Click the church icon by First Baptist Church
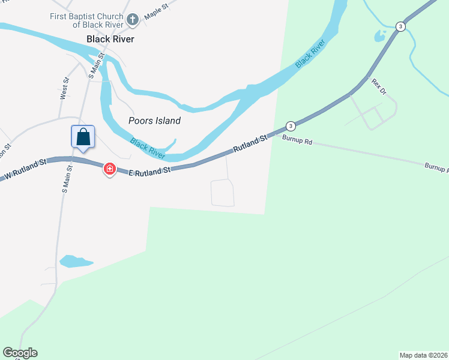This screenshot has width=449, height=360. click(x=133, y=20)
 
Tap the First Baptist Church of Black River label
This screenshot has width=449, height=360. click(x=88, y=20)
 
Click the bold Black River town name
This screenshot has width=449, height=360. click(x=110, y=39)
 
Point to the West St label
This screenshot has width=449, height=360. click(x=64, y=88)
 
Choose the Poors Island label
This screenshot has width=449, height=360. click(x=154, y=121)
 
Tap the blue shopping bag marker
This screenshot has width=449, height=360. click(x=83, y=137)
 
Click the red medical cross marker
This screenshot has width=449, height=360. click(x=109, y=169)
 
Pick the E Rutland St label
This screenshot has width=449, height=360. click(x=150, y=171)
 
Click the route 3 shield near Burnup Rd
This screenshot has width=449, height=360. click(x=291, y=126)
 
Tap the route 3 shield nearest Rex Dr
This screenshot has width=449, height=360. click(x=400, y=26)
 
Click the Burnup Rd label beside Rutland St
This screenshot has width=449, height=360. click(x=297, y=141)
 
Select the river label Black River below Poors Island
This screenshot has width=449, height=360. click(x=148, y=149)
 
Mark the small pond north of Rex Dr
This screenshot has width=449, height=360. click(x=380, y=36)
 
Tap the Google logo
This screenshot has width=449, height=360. click(x=20, y=353)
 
